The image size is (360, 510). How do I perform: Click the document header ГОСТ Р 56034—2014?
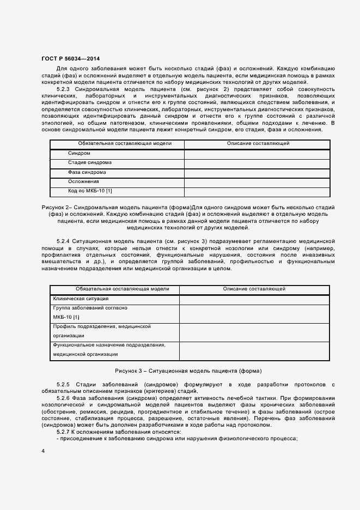click(70, 58)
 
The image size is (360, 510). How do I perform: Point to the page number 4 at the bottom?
click(43, 451)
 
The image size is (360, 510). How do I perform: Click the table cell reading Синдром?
click(80, 154)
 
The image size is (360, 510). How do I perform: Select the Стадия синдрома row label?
click(90, 163)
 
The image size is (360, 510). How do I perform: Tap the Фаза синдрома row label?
click(87, 172)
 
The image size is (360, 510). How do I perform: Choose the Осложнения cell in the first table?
click(83, 181)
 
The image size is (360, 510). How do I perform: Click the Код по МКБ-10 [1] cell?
click(90, 191)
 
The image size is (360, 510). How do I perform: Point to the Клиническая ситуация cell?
click(81, 299)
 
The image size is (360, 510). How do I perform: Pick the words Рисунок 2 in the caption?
click(55, 208)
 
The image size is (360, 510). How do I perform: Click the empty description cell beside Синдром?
click(257, 154)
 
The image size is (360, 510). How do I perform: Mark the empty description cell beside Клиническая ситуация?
click(254, 299)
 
